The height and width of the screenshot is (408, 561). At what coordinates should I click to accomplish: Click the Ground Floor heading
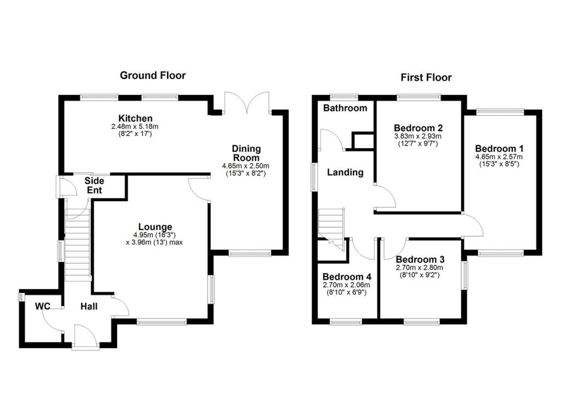pos(153,76)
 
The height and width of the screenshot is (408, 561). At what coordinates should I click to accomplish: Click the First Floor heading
pos(426,77)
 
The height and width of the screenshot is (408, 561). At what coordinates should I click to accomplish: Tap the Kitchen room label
pos(135,118)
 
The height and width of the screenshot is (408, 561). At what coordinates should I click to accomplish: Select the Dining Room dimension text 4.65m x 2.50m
pos(246,166)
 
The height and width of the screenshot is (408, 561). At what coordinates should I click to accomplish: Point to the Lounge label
pos(155,226)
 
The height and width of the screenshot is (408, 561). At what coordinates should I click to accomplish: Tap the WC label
pos(43,305)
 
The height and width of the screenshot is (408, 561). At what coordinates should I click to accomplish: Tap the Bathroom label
pos(345,108)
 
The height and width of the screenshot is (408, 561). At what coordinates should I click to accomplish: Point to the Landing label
pos(345,172)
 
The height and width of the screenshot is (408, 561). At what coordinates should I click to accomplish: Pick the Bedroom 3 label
pos(420,259)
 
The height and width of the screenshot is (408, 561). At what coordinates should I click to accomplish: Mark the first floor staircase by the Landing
pos(331,225)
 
